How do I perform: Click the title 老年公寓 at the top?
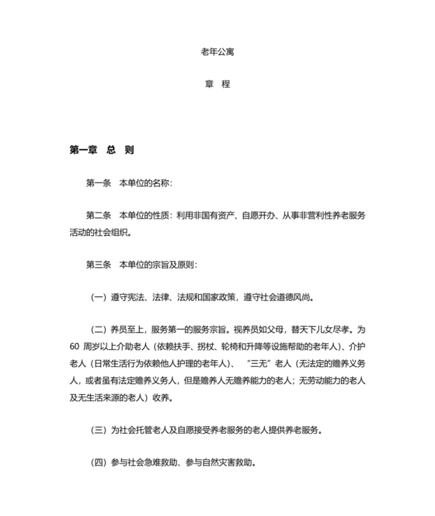tap(217, 53)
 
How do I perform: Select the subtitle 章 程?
tap(217, 85)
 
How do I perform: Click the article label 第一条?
tap(99, 183)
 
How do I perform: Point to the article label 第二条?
tap(99, 215)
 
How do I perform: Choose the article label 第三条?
tap(99, 264)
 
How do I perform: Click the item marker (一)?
tap(99, 296)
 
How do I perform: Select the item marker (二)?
tap(99, 329)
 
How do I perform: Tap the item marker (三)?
tap(99, 430)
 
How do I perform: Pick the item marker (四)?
tap(99, 462)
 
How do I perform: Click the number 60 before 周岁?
tap(75, 346)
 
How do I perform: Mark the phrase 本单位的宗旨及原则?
tap(158, 264)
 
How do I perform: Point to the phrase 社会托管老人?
tap(144, 430)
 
